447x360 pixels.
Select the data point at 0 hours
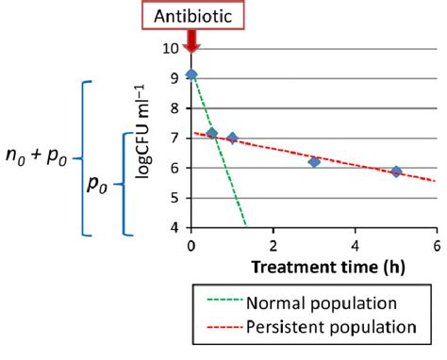coord(191,74)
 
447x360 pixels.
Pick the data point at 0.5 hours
coord(212,134)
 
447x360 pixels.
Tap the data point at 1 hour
coord(232,139)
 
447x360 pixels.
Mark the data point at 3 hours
coord(314,162)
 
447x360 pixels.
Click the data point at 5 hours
coord(396,172)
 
